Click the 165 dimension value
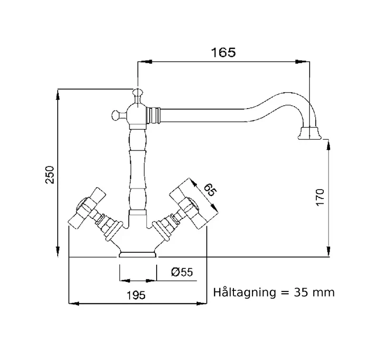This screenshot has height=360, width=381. tap(223, 52)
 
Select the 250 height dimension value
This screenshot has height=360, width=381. tap(50, 175)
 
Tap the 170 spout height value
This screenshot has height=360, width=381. tap(320, 197)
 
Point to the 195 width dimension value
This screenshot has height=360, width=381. tap(136, 295)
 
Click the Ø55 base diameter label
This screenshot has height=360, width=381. tap(182, 272)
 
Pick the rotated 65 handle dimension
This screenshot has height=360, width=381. tap(210, 190)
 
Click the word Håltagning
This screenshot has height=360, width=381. tap(245, 293)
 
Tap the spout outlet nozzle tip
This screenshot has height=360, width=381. tap(310, 134)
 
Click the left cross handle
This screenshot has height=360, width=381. tap(87, 208)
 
